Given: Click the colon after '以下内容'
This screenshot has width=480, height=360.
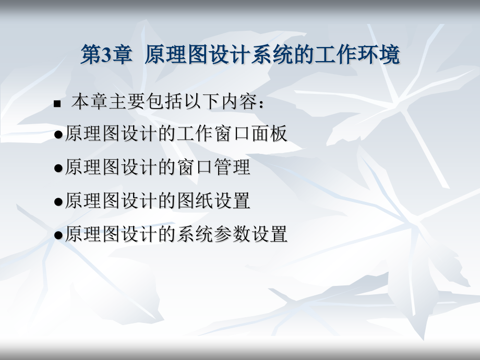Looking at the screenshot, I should [263, 104].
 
